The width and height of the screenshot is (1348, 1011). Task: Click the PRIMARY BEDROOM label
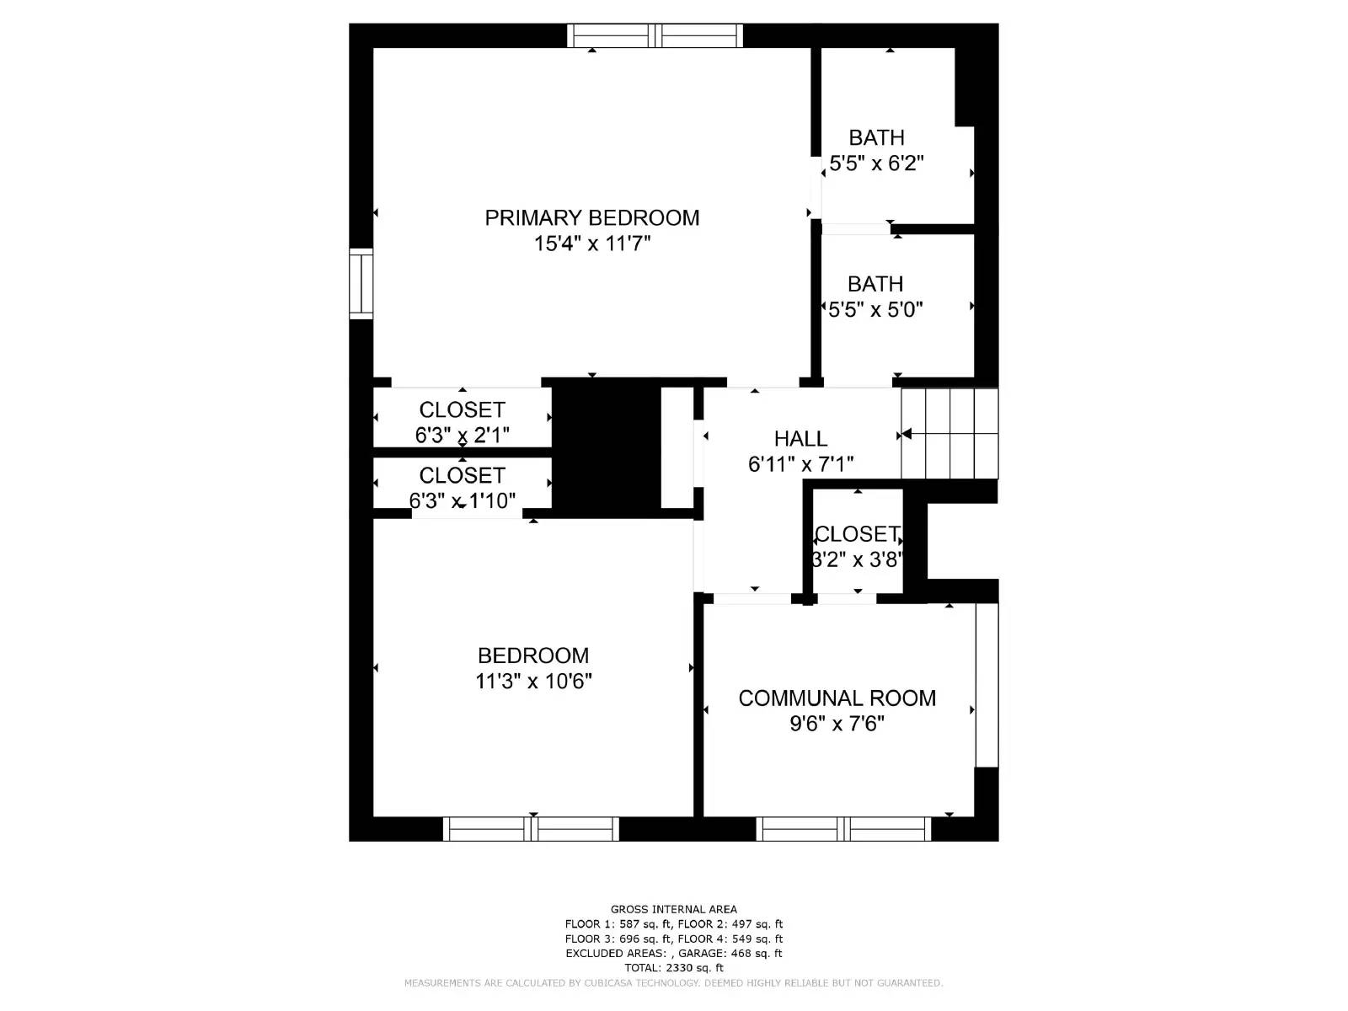pos(591,218)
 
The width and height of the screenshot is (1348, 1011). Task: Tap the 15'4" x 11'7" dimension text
pos(592,244)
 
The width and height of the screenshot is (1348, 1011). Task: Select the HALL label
pos(800,439)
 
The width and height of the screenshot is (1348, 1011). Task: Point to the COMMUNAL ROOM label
pos(837,698)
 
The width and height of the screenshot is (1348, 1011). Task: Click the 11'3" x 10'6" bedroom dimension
pos(533,681)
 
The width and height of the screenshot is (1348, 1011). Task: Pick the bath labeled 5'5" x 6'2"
pos(876,163)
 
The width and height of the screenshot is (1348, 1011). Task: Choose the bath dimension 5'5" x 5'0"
pos(875,310)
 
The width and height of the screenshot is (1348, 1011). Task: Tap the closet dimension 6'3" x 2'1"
pos(462,436)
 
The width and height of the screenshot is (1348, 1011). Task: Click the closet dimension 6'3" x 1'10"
pos(462,501)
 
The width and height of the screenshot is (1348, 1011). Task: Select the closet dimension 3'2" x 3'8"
pos(857,559)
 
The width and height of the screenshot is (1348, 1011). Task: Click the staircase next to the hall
pos(949,433)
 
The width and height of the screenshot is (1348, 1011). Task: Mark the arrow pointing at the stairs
pos(907,435)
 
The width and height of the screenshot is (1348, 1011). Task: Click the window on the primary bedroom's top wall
pos(655,35)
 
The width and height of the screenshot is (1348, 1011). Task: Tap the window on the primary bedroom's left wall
pos(361,283)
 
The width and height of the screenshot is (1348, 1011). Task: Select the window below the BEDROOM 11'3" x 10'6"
pos(531,829)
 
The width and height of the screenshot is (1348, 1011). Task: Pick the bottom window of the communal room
pos(843,829)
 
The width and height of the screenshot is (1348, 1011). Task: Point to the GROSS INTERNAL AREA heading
pos(673,909)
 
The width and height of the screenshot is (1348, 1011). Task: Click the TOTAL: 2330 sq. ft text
pos(673,968)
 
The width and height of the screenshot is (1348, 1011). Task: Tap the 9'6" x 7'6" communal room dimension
pos(837,724)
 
